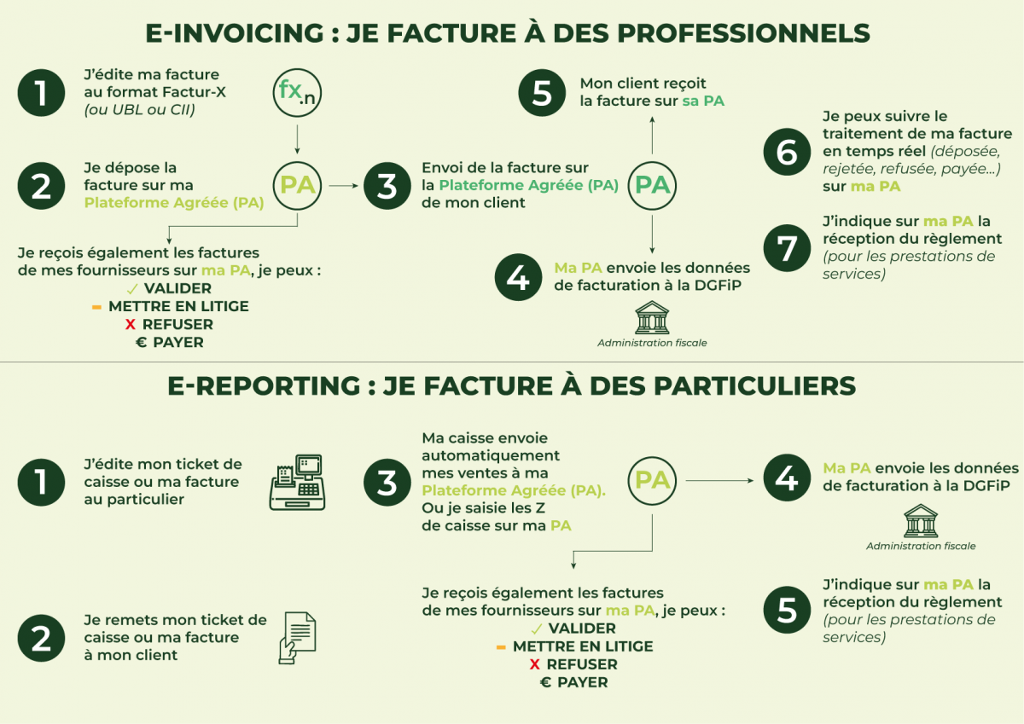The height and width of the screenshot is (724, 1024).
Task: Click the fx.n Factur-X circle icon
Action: (296, 92)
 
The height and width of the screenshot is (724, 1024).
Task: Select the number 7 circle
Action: (786, 246)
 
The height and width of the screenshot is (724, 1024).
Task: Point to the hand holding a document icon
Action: (296, 637)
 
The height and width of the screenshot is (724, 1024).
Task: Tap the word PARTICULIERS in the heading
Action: (753, 385)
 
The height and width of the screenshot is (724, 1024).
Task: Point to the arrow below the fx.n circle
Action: (296, 137)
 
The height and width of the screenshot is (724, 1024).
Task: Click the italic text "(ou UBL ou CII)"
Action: (139, 109)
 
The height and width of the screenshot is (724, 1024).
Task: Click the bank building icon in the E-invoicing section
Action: (652, 317)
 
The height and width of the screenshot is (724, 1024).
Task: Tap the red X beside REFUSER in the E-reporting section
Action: (534, 664)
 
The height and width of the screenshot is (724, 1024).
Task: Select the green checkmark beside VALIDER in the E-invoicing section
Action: (131, 288)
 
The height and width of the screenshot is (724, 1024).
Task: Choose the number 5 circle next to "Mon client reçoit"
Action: (542, 92)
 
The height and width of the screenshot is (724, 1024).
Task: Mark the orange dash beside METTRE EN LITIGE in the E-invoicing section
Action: (96, 306)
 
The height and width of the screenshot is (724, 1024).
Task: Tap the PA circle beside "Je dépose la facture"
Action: (296, 185)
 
